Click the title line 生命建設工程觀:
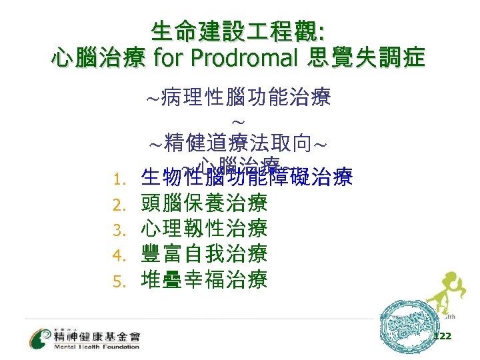(x=238, y=31)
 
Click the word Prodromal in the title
(x=243, y=59)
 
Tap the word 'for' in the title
(x=169, y=59)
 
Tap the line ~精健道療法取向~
(x=238, y=143)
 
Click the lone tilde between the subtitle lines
(x=239, y=122)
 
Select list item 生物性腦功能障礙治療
(x=247, y=179)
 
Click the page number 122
(x=442, y=336)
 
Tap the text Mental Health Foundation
(x=97, y=347)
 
